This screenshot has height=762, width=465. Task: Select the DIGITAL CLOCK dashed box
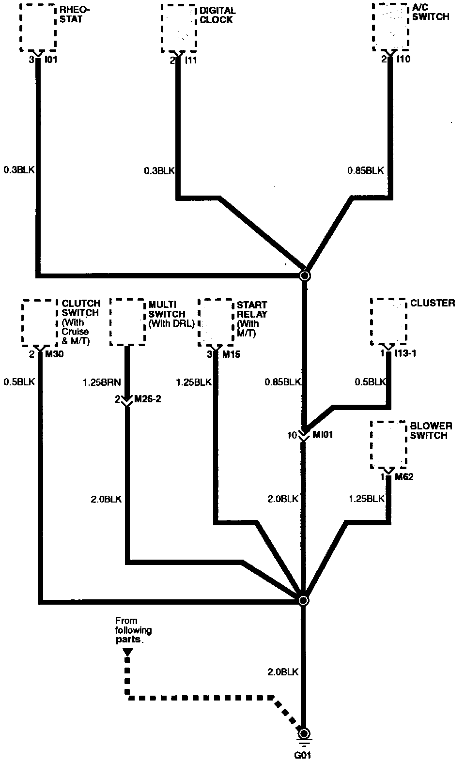[179, 28]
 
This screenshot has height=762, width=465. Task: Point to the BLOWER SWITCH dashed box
[388, 444]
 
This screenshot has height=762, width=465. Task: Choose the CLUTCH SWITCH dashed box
[40, 323]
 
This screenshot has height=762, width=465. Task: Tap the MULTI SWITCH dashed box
[127, 321]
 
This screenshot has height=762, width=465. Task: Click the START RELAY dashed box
[216, 323]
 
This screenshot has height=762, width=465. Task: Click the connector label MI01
[323, 435]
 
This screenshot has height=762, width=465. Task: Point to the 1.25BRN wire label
[101, 382]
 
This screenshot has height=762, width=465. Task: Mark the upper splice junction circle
[305, 276]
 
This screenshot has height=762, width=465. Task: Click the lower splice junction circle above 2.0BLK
[303, 601]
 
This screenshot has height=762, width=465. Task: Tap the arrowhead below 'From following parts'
[127, 653]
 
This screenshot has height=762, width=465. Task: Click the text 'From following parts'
[133, 630]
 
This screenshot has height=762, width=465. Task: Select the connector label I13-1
[406, 353]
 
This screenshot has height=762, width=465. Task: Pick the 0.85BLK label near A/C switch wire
[365, 170]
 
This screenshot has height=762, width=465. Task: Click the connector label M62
[404, 477]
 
